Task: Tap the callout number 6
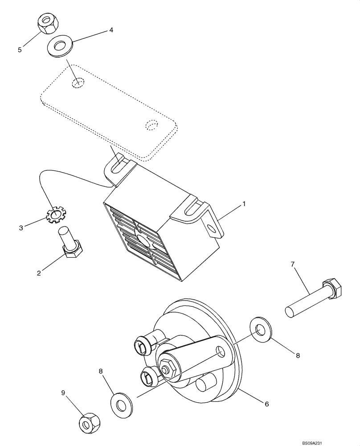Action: coord(267,404)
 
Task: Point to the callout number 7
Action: coord(292,264)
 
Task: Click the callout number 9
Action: coord(63,392)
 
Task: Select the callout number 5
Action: coord(20,50)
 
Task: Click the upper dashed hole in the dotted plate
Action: coord(78,83)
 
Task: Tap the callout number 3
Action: coord(21,228)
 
